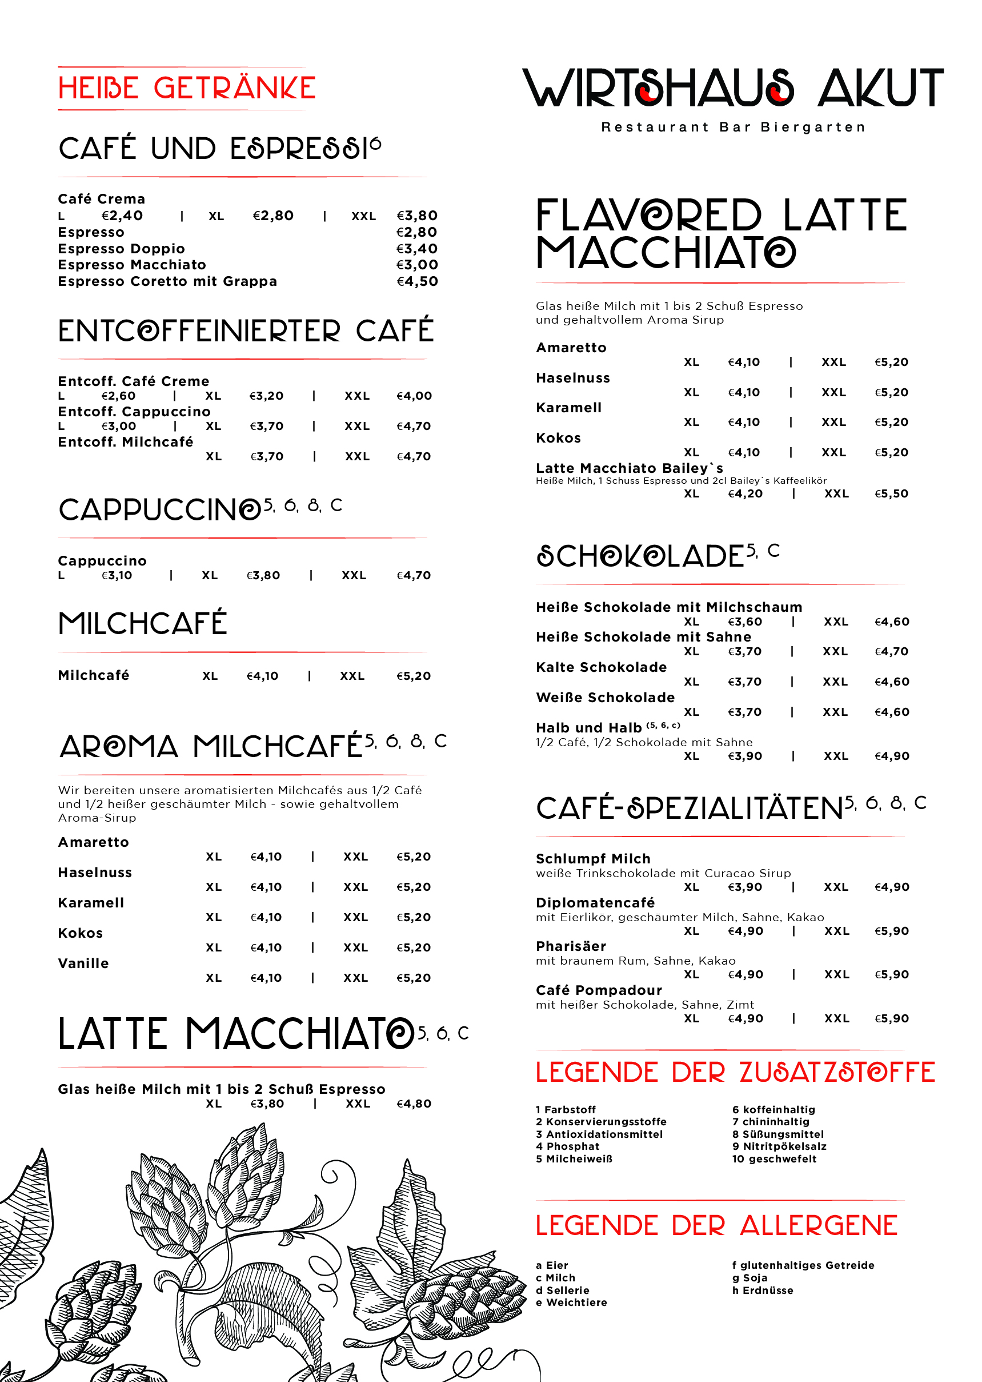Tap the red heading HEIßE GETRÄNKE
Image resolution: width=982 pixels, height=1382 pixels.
[187, 89]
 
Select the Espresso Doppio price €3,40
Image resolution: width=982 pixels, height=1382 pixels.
[416, 249]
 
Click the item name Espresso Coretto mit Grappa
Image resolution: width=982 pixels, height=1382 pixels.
[167, 281]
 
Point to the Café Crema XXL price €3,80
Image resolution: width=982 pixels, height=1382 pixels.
[416, 216]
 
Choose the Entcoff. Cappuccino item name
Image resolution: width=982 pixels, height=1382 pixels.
[134, 412]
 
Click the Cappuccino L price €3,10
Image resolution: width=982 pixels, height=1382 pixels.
[117, 575]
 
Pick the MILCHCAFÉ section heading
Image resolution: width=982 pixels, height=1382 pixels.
[143, 624]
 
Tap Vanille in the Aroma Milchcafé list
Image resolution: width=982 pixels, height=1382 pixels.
[83, 963]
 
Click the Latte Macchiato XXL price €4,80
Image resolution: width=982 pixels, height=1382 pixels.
[414, 1104]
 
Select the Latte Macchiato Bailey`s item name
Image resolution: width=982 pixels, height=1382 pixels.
[630, 468]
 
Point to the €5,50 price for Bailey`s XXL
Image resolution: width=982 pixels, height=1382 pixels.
[891, 494]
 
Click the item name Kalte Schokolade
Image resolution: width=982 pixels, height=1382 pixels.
[601, 667]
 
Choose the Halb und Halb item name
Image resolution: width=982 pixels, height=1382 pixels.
[588, 728]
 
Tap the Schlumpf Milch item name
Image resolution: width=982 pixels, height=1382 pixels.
[593, 859]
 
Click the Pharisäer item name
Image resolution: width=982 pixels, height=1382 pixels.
[571, 946]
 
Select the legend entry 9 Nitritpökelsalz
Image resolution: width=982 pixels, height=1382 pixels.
[779, 1146]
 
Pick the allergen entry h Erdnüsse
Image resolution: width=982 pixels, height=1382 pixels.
[763, 1290]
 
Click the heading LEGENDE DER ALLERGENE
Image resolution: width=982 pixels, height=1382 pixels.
[716, 1226]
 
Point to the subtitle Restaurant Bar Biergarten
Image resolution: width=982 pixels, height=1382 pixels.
[733, 128]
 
